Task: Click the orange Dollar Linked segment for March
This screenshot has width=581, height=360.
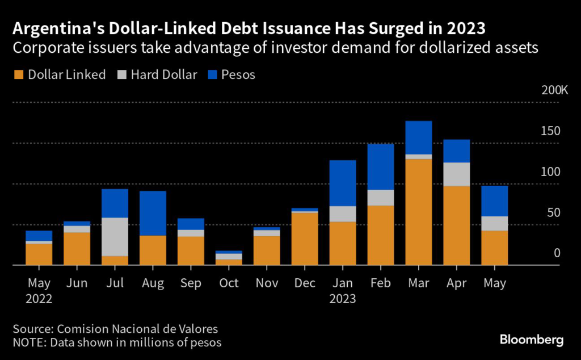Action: pos(419,212)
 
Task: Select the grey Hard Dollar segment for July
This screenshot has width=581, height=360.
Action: pos(115,237)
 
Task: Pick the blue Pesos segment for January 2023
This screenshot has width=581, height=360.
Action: pos(343,183)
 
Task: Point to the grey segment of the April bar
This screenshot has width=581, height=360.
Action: pos(457,174)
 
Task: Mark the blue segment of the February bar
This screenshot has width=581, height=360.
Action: pos(381,167)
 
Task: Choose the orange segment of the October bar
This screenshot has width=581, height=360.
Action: pos(229,262)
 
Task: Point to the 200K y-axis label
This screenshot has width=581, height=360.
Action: pos(546,90)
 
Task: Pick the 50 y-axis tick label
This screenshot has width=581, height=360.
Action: pos(554,212)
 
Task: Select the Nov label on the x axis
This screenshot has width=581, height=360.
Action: pos(267,283)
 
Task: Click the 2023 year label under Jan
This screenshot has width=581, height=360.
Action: pos(342,298)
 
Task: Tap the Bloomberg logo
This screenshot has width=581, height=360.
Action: pos(531,340)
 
